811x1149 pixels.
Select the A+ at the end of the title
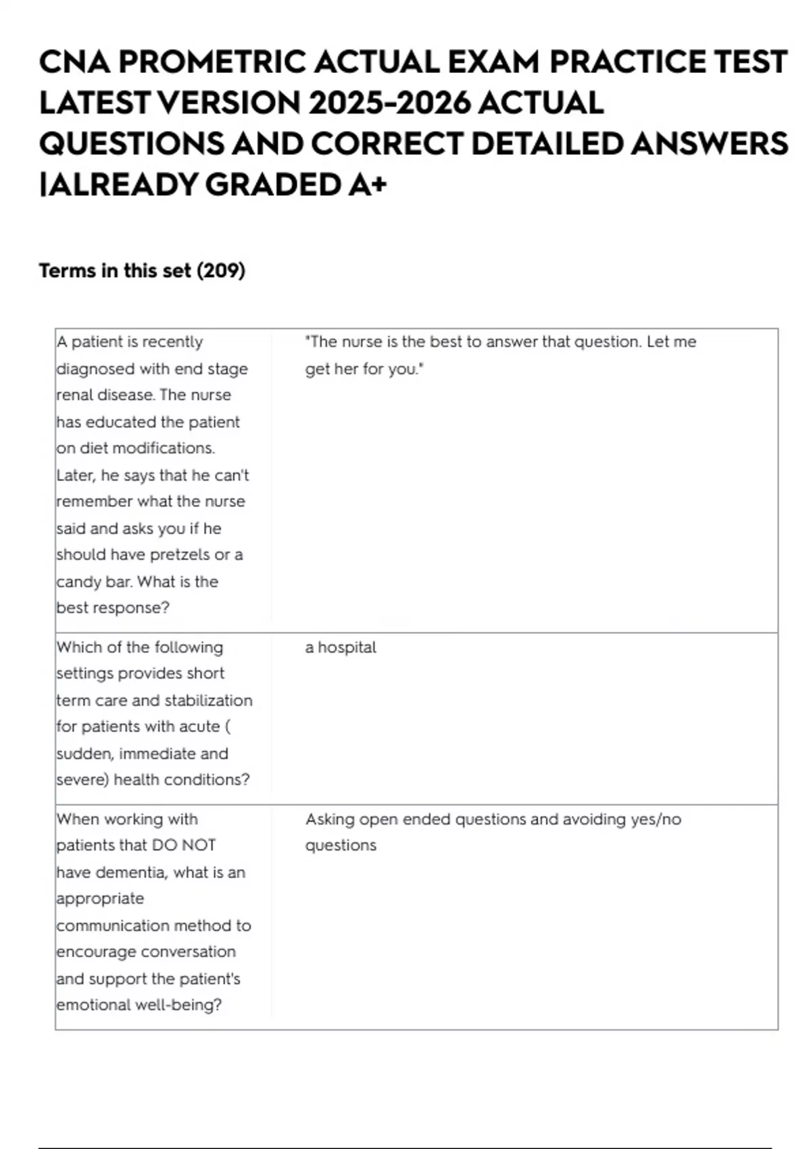coord(368,185)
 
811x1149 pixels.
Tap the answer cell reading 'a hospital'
coord(341,647)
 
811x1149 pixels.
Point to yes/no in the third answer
coord(656,819)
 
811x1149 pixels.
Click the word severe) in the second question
coord(82,780)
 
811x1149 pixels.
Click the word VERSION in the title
coord(228,103)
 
